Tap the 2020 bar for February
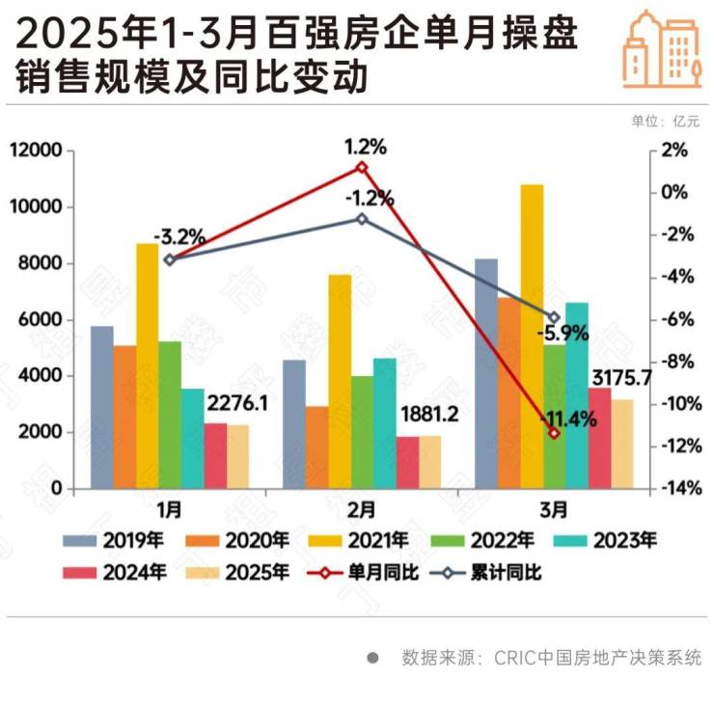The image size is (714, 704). tap(316, 447)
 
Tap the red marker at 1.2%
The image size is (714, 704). tap(362, 167)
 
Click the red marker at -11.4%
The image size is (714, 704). tap(554, 433)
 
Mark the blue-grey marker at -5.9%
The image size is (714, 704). tap(554, 317)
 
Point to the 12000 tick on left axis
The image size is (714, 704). tap(36, 151)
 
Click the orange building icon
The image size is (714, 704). tap(661, 47)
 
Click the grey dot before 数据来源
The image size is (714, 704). tap(372, 658)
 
